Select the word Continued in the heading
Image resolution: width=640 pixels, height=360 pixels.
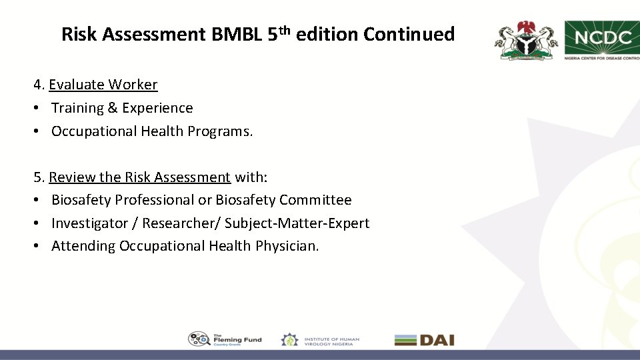click(x=409, y=35)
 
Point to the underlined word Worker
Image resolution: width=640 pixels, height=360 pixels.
click(x=133, y=85)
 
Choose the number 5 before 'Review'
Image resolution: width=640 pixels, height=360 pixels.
click(x=37, y=177)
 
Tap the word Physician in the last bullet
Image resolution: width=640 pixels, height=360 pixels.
click(x=287, y=246)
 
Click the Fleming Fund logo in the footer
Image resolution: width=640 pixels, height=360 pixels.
click(x=225, y=339)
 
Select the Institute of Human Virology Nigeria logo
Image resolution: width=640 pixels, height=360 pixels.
click(x=320, y=339)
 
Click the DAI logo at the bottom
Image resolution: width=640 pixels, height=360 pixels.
click(x=424, y=339)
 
